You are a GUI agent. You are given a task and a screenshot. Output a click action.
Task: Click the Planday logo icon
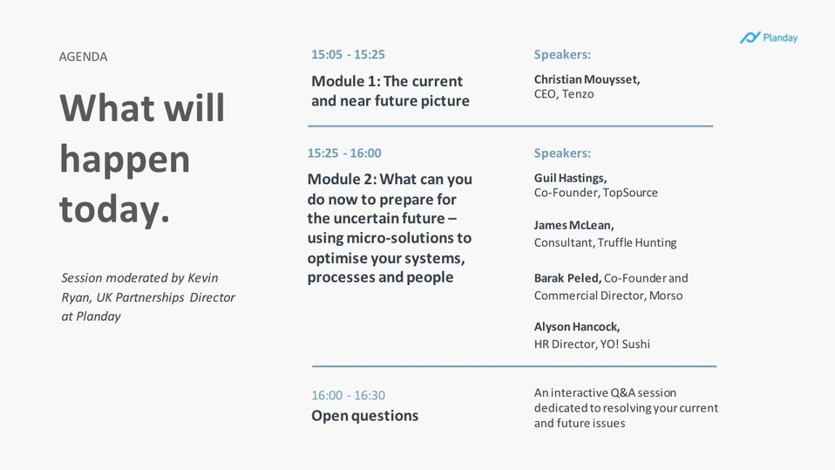tap(750, 37)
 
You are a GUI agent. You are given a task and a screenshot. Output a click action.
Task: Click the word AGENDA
tap(83, 57)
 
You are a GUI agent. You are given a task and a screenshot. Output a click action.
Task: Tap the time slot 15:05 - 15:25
tap(349, 54)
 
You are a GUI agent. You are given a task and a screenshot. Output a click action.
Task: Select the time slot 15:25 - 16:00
tap(344, 153)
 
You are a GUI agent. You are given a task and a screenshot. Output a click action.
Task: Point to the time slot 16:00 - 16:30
tap(349, 395)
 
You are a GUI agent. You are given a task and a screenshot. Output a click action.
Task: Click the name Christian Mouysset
tap(587, 79)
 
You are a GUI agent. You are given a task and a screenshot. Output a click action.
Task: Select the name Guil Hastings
tap(570, 178)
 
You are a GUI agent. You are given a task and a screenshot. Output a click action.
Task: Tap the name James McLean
tap(574, 225)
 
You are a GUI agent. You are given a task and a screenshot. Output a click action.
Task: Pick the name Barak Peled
tap(567, 278)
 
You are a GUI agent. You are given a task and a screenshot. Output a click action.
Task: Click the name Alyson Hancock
tap(577, 327)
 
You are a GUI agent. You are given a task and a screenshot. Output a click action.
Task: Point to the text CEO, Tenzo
tap(564, 94)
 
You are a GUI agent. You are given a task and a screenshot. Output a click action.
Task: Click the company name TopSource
tap(630, 193)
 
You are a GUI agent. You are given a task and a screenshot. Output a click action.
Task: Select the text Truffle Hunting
tap(637, 243)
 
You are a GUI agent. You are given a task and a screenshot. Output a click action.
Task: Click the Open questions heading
tap(365, 416)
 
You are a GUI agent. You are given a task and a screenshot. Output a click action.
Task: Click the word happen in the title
tap(125, 160)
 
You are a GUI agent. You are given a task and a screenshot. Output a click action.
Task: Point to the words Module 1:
tap(345, 81)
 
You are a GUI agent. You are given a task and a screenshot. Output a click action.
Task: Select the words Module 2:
tap(342, 179)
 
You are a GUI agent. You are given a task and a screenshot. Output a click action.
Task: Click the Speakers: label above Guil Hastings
tap(562, 153)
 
